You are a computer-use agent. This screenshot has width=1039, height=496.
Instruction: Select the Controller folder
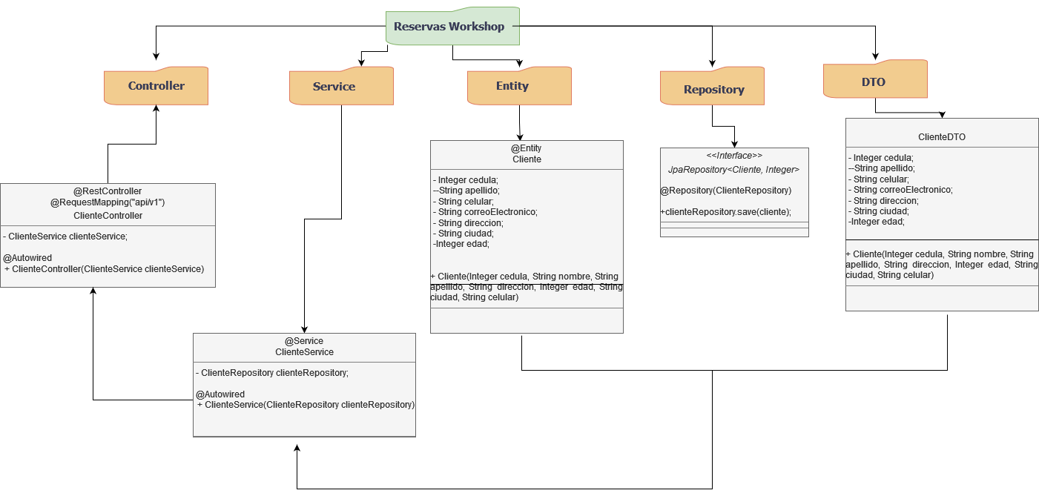click(156, 86)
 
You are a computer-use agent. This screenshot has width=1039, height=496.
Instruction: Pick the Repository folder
click(713, 89)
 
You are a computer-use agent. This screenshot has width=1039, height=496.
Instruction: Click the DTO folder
click(874, 82)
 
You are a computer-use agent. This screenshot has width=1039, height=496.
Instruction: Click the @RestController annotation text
click(108, 191)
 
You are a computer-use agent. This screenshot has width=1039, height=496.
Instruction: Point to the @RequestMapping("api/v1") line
click(108, 202)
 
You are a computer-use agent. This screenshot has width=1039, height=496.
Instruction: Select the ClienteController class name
click(108, 216)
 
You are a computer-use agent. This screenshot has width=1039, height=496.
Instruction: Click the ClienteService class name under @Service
click(304, 352)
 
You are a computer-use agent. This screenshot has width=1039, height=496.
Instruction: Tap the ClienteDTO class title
click(942, 137)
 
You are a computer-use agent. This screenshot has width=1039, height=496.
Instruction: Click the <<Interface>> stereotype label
click(733, 156)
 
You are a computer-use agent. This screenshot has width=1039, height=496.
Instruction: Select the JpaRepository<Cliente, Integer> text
click(733, 170)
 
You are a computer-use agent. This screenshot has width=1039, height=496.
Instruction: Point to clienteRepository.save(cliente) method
click(726, 212)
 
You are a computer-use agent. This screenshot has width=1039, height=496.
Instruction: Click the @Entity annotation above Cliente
click(527, 148)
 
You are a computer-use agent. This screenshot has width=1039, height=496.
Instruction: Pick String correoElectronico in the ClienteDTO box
click(902, 190)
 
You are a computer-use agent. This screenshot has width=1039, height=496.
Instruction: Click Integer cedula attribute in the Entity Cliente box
click(467, 180)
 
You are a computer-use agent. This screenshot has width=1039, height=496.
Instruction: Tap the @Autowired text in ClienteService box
click(220, 394)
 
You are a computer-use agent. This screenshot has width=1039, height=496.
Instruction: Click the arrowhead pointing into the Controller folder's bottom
click(156, 109)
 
